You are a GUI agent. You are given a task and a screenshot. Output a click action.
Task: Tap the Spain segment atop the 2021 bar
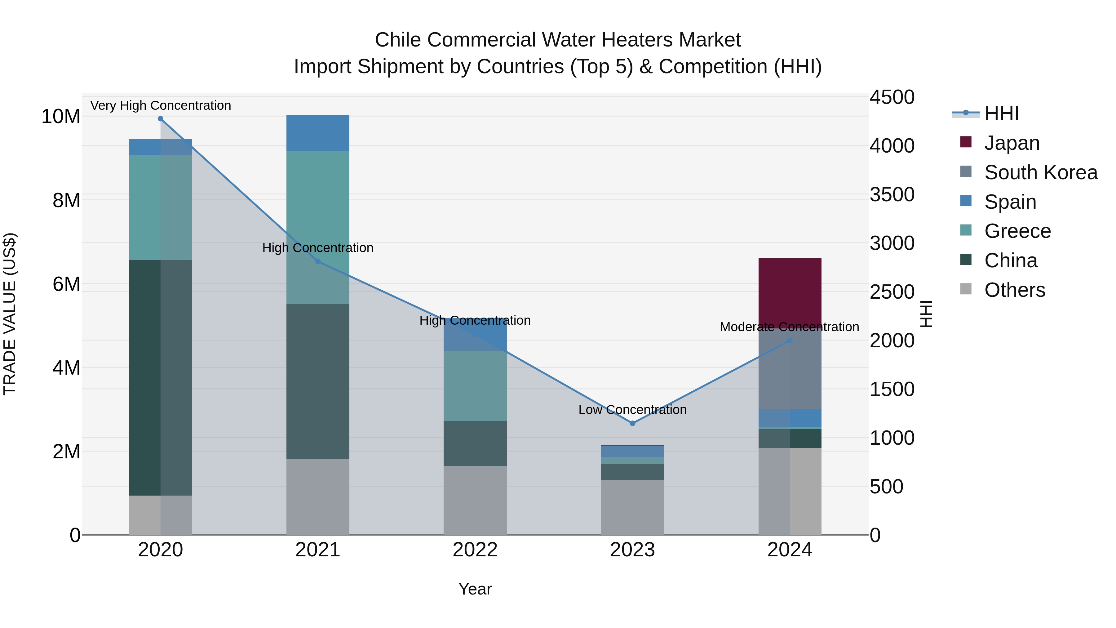click(317, 133)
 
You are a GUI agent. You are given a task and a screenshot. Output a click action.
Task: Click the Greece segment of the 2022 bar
click(475, 386)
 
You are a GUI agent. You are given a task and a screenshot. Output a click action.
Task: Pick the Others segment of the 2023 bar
click(632, 507)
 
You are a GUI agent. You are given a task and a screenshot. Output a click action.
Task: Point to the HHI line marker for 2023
click(632, 423)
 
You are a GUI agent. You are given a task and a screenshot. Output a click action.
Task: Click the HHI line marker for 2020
click(160, 119)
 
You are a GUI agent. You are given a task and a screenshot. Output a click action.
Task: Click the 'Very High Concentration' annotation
click(160, 106)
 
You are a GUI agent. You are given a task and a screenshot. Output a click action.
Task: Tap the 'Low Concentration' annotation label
click(632, 410)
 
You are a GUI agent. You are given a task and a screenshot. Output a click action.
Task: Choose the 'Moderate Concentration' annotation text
click(789, 327)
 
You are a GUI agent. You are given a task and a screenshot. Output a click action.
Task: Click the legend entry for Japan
click(1011, 143)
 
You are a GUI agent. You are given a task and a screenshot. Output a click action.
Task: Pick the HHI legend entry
click(1001, 114)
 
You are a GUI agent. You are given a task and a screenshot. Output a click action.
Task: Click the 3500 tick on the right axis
click(892, 194)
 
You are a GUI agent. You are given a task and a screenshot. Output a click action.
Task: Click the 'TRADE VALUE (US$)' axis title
click(10, 314)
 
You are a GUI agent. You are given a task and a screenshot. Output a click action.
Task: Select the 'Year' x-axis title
click(475, 589)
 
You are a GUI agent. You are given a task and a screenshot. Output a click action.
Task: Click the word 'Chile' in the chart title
click(397, 40)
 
